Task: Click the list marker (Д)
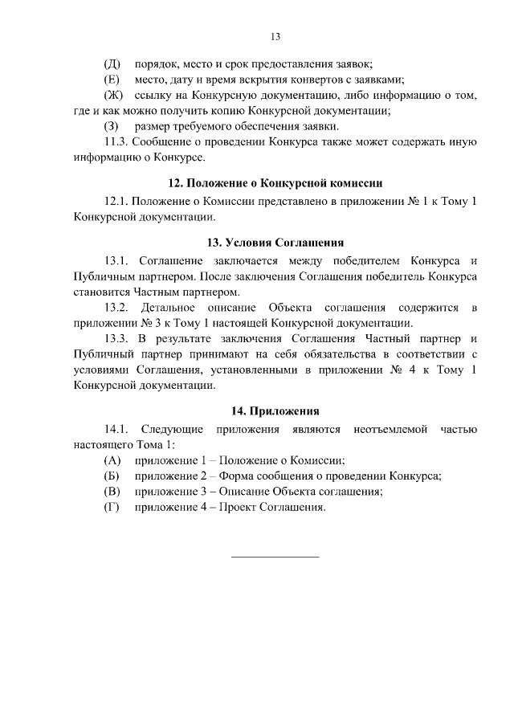pyautogui.click(x=112, y=63)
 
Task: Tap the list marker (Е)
pyautogui.click(x=112, y=79)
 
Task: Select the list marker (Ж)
pyautogui.click(x=112, y=96)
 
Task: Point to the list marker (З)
pyautogui.click(x=112, y=127)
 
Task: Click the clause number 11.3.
pyautogui.click(x=116, y=142)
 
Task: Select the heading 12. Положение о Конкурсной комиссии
pyautogui.click(x=275, y=182)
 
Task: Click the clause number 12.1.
pyautogui.click(x=116, y=200)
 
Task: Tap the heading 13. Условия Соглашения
pyautogui.click(x=275, y=242)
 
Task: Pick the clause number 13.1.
pyautogui.click(x=116, y=260)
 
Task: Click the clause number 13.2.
pyautogui.click(x=116, y=308)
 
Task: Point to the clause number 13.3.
pyautogui.click(x=116, y=338)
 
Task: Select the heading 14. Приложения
pyautogui.click(x=275, y=412)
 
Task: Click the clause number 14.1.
pyautogui.click(x=116, y=429)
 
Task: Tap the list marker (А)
pyautogui.click(x=112, y=460)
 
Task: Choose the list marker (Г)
pyautogui.click(x=112, y=508)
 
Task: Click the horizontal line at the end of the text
pyautogui.click(x=275, y=555)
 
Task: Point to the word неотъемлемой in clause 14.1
pyautogui.click(x=390, y=429)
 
